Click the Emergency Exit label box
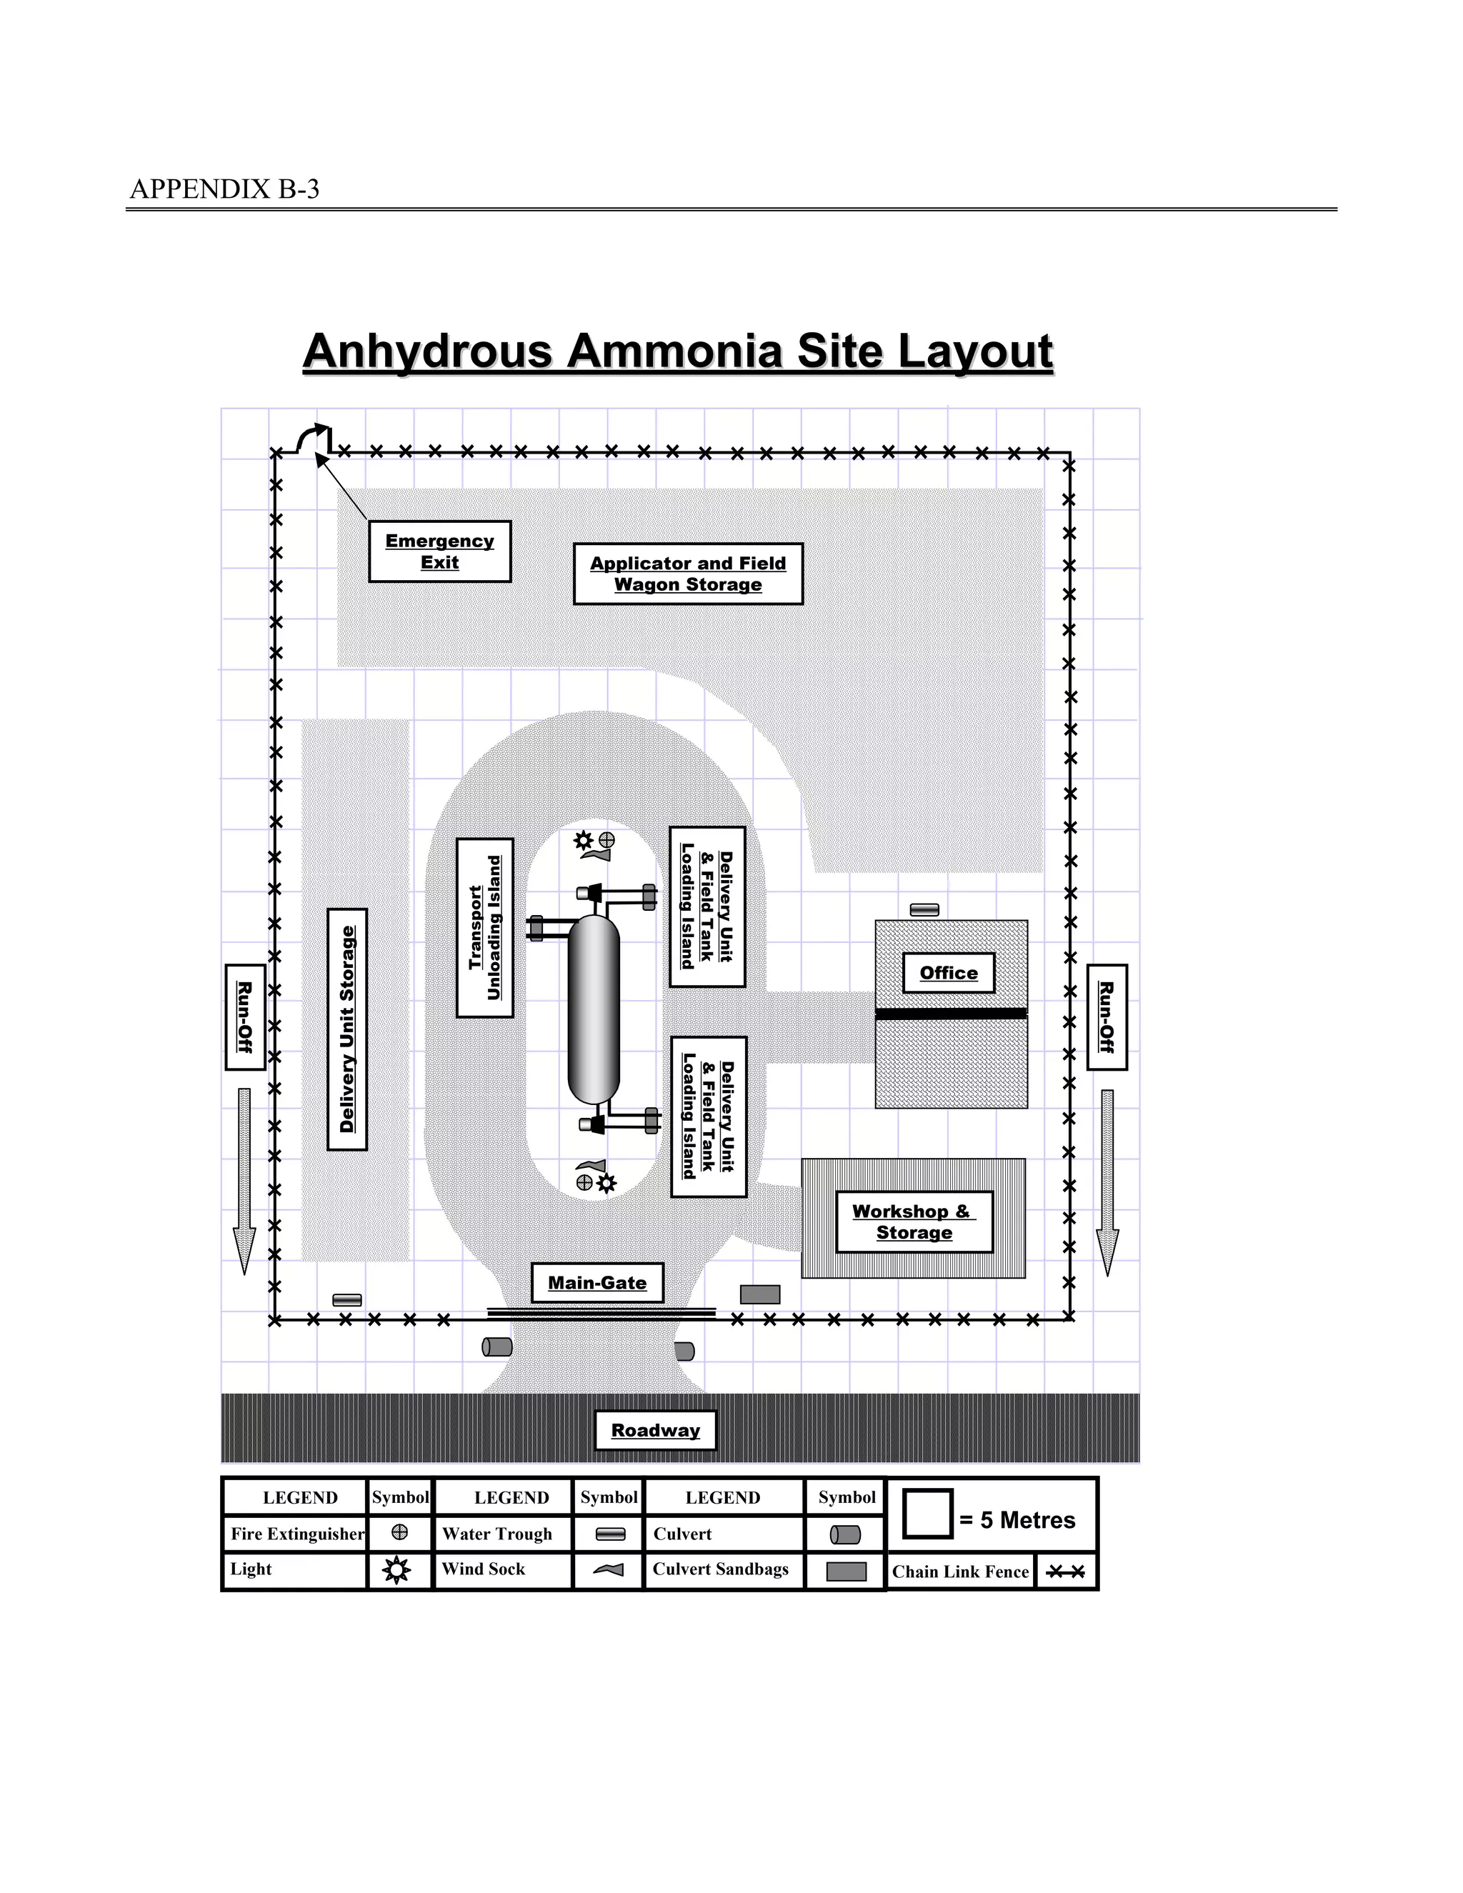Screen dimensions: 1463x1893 [x=439, y=551]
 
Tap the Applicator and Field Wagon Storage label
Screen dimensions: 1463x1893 [x=688, y=574]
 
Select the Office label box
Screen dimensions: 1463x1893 [x=949, y=972]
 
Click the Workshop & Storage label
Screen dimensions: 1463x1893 [x=914, y=1222]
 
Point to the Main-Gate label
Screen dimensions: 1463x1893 [x=597, y=1283]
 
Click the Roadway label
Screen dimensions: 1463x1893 [x=655, y=1430]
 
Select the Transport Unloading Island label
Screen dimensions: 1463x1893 [x=484, y=927]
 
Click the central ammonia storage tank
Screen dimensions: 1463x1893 [x=594, y=1010]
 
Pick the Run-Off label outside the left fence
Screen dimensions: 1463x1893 [x=245, y=1017]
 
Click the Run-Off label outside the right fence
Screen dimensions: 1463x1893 [x=1107, y=1017]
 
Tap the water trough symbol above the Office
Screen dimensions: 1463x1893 [x=925, y=909]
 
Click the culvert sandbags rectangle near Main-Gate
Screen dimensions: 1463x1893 [x=760, y=1294]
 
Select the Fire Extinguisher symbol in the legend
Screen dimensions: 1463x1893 [x=399, y=1532]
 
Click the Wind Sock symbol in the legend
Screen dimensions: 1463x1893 [x=609, y=1569]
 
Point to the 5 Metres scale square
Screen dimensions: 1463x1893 [x=927, y=1514]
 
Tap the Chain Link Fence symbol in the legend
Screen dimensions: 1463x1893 [x=1065, y=1572]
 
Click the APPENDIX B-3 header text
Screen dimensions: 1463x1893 [x=224, y=189]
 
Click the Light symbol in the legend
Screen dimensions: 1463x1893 [x=397, y=1569]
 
